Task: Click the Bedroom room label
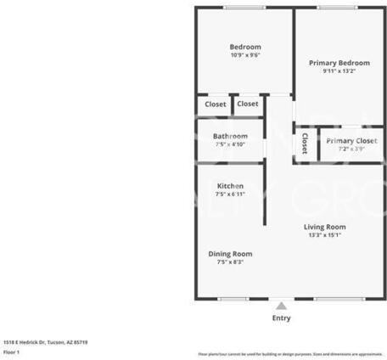click(x=245, y=47)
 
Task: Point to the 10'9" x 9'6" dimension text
click(x=245, y=55)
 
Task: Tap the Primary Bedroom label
click(x=339, y=63)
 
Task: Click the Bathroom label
click(x=230, y=136)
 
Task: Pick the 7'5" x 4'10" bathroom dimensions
click(x=230, y=144)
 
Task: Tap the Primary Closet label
click(x=351, y=141)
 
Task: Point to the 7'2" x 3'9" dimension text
click(x=351, y=149)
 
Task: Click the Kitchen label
click(x=230, y=186)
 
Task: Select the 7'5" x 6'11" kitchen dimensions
click(x=230, y=194)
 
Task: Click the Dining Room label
click(x=230, y=253)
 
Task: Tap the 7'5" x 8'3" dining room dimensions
click(x=230, y=262)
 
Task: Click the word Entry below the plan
click(x=281, y=318)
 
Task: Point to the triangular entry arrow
click(x=281, y=305)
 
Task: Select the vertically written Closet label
click(x=304, y=145)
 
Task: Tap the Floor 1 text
click(x=11, y=352)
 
